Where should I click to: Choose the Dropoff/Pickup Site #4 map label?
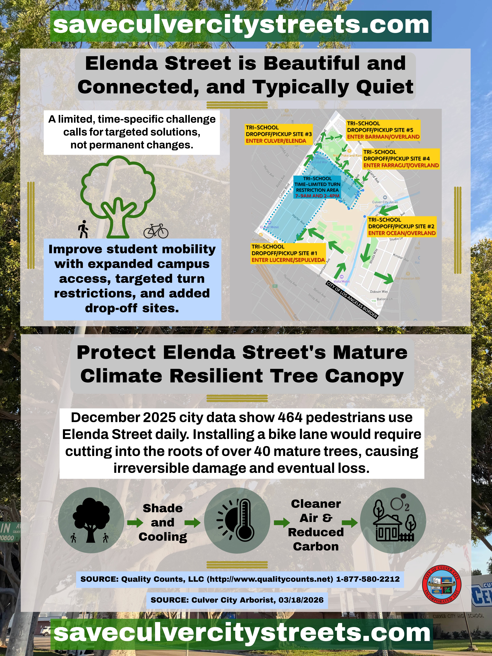[x=401, y=159]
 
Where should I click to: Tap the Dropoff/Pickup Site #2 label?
[x=402, y=226]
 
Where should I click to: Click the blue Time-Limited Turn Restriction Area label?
[x=317, y=187]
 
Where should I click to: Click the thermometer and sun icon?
[x=237, y=520]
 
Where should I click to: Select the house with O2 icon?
[x=393, y=520]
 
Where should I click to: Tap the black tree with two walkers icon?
[x=91, y=520]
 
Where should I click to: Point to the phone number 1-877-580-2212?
[x=368, y=579]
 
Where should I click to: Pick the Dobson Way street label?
[x=379, y=291]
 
